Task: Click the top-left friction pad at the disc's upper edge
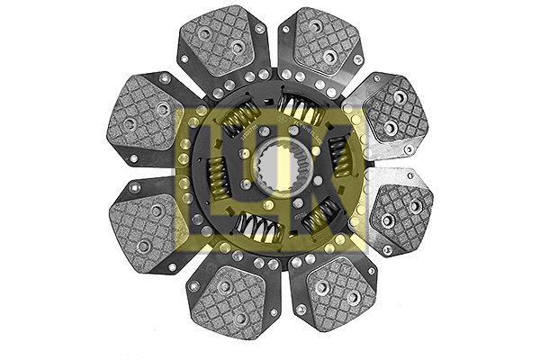click(221, 40)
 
